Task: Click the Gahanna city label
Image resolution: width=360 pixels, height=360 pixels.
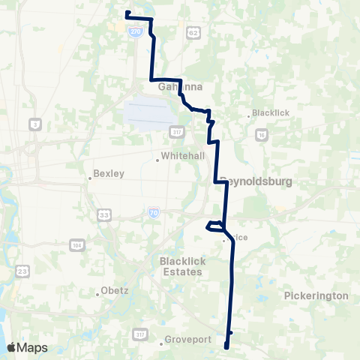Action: tap(181, 86)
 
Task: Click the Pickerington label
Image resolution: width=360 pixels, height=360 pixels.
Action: tap(316, 295)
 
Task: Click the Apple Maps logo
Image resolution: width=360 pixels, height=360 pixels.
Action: tap(28, 347)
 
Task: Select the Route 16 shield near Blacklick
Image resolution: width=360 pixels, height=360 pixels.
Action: tap(261, 133)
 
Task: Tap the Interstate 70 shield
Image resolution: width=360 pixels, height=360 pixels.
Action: tap(153, 213)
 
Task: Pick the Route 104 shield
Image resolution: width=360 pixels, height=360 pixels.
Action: tap(77, 245)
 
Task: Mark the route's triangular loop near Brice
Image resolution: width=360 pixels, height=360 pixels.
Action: tap(216, 226)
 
